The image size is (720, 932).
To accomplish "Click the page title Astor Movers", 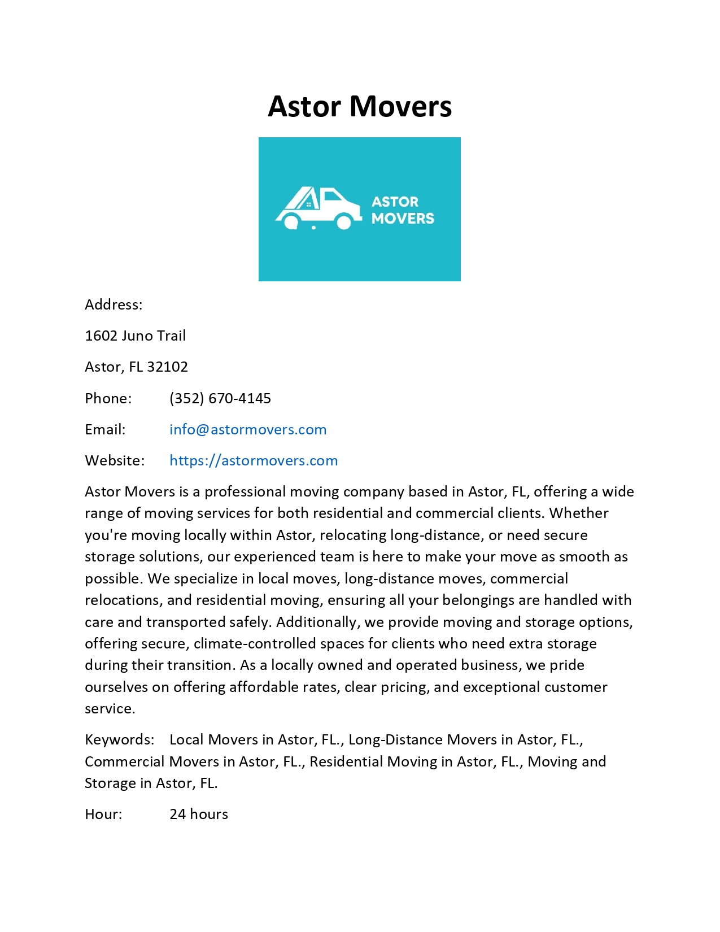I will click(x=360, y=106).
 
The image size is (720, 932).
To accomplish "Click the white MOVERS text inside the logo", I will click(x=403, y=219).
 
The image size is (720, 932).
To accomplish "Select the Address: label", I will click(x=114, y=305).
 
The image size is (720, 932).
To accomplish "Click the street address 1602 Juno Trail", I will click(x=135, y=336).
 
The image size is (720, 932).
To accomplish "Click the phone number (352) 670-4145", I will click(x=220, y=399).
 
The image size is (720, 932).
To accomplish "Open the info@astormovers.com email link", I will click(x=248, y=430).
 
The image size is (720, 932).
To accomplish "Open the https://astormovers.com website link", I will click(x=254, y=461).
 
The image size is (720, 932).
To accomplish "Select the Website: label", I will click(x=115, y=461).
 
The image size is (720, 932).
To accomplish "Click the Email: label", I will click(x=105, y=430).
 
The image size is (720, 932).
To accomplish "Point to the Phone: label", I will click(x=108, y=399).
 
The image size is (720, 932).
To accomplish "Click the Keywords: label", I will click(x=119, y=740).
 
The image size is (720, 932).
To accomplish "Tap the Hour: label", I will click(x=103, y=815).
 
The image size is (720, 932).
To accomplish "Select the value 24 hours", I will click(x=199, y=815).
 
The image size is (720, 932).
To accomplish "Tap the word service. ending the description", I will click(x=110, y=709).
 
